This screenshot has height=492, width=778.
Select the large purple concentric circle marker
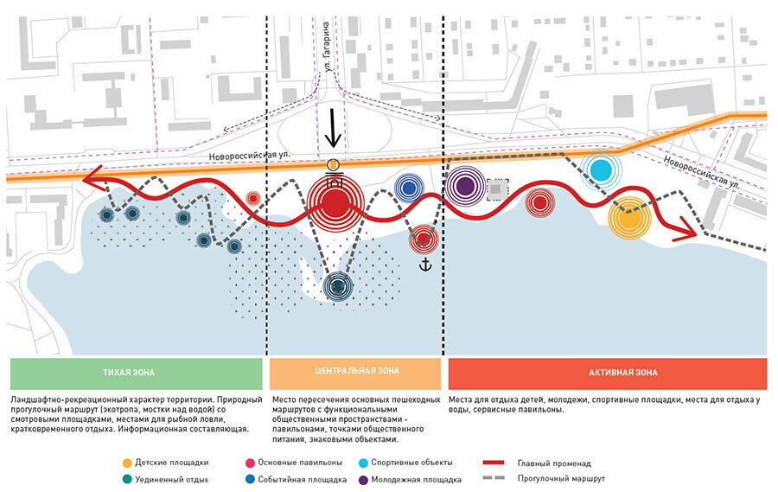pos(465,185)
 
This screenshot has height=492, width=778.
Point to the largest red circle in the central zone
pos(333,207)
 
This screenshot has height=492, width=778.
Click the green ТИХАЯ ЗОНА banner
pos(136,373)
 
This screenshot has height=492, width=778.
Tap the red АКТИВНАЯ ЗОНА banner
pos(607,373)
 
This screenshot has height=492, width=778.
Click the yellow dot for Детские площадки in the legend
pos(127,462)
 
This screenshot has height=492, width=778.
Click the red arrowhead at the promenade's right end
pos(689,230)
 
